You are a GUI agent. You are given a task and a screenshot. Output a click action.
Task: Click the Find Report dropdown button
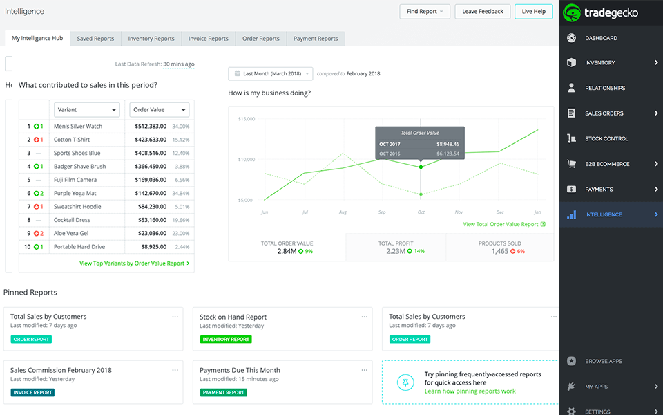pyautogui.click(x=425, y=11)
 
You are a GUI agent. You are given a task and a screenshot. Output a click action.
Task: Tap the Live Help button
pyautogui.click(x=533, y=11)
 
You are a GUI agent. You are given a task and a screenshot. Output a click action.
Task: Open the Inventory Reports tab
pyautogui.click(x=151, y=39)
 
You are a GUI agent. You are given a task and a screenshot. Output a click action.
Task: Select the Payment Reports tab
pyautogui.click(x=316, y=39)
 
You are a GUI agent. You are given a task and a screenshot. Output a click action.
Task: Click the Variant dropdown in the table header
pyautogui.click(x=87, y=109)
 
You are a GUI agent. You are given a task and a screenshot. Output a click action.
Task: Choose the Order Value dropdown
pyautogui.click(x=159, y=109)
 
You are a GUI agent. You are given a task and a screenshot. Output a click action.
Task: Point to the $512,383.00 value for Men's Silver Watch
pyautogui.click(x=146, y=127)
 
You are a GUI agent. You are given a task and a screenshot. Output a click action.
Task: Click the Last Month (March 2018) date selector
pyautogui.click(x=270, y=73)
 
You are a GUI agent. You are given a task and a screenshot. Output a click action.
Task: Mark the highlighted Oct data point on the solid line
pyautogui.click(x=421, y=167)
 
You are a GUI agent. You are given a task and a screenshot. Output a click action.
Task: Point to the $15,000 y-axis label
pyautogui.click(x=246, y=119)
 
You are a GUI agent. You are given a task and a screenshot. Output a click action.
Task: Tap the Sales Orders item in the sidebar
pyautogui.click(x=604, y=113)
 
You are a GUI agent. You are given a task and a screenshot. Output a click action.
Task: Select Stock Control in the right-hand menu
pyautogui.click(x=606, y=138)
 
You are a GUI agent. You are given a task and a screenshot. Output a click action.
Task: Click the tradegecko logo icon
pyautogui.click(x=573, y=12)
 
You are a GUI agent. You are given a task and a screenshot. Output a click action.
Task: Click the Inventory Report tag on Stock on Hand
pyautogui.click(x=226, y=340)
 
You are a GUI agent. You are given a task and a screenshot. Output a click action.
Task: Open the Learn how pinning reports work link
pyautogui.click(x=470, y=391)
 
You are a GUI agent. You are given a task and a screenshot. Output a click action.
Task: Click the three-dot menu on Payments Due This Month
pyautogui.click(x=364, y=369)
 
